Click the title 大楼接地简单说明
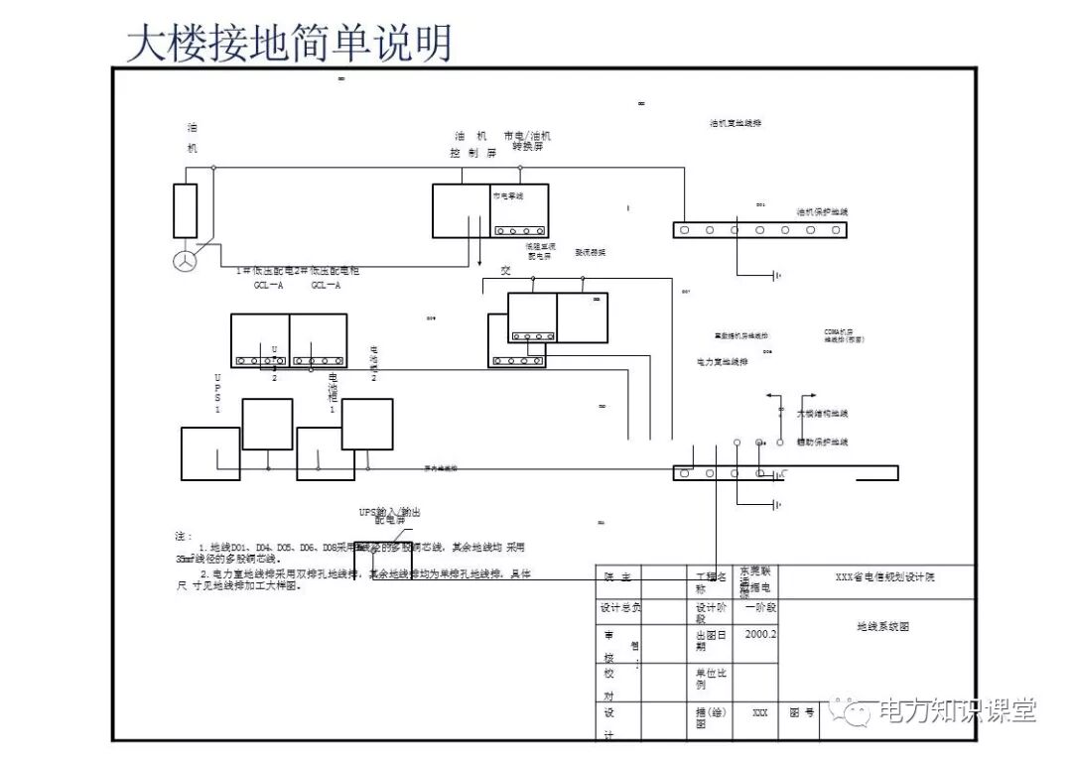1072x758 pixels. coord(289,44)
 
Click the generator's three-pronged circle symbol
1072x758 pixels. coord(186,261)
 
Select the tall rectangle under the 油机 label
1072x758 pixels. coord(186,210)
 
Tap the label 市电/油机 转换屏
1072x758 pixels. coord(527,141)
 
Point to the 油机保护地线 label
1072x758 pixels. coord(823,212)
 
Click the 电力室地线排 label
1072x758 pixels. coord(724,362)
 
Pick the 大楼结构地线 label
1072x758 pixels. coord(824,413)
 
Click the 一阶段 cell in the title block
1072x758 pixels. coord(760,608)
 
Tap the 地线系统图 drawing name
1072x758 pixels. coord(882,627)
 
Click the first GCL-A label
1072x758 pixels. coord(269,286)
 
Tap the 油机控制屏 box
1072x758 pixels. coord(462,210)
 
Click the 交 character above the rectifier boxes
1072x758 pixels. coord(505,270)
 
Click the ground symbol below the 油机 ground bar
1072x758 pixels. coord(776,274)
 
